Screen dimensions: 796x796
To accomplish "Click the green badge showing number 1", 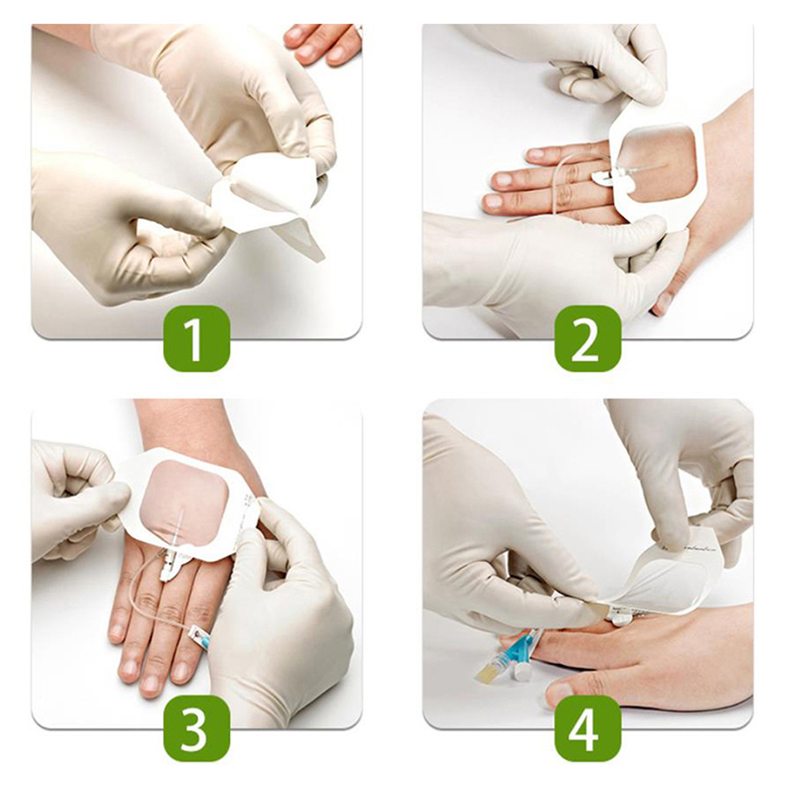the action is point(196,338).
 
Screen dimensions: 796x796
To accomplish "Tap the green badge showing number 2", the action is point(588,338).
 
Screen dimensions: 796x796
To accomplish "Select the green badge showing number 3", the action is point(196,728).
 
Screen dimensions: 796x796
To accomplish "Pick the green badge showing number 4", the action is point(588,728).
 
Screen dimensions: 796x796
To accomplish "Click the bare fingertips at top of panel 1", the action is point(322,45).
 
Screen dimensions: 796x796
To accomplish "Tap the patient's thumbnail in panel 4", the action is point(558,694).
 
